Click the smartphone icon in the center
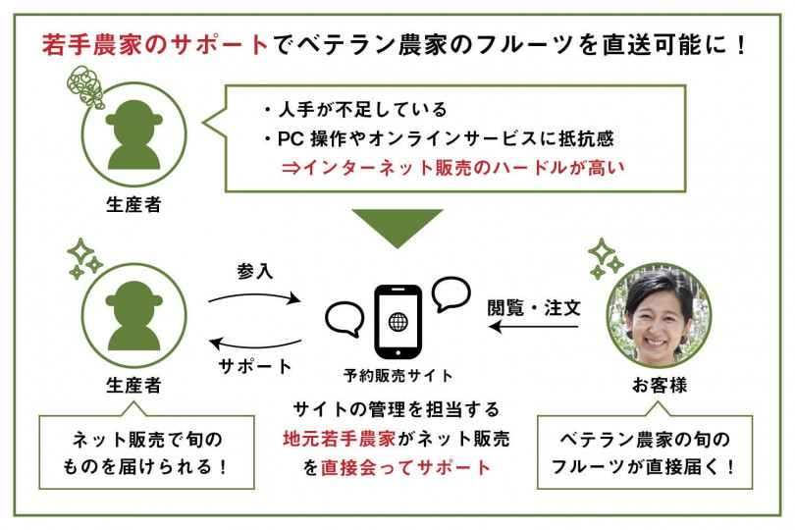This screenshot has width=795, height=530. [x=397, y=322]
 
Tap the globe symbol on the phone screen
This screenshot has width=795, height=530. [x=398, y=322]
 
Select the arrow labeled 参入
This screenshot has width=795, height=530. [x=254, y=297]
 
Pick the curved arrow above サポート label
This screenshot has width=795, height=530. [x=255, y=344]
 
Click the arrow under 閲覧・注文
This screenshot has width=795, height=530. [x=533, y=327]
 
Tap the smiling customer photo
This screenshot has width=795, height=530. [x=660, y=315]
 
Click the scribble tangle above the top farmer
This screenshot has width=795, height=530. [x=85, y=86]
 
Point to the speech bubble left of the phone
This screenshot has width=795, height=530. [x=344, y=320]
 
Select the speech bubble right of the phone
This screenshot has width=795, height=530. [x=450, y=293]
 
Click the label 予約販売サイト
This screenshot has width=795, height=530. [x=397, y=376]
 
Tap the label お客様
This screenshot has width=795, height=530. [x=660, y=386]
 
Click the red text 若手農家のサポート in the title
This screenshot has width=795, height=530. [x=155, y=44]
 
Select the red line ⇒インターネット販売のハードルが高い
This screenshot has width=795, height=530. [x=452, y=168]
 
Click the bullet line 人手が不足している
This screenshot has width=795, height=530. [x=355, y=109]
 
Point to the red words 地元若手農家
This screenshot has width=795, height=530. [x=340, y=439]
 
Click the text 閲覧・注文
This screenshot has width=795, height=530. [x=534, y=308]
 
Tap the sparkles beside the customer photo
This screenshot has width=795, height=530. [x=604, y=259]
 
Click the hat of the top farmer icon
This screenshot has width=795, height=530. [x=133, y=115]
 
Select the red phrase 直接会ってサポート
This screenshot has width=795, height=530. [x=405, y=467]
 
